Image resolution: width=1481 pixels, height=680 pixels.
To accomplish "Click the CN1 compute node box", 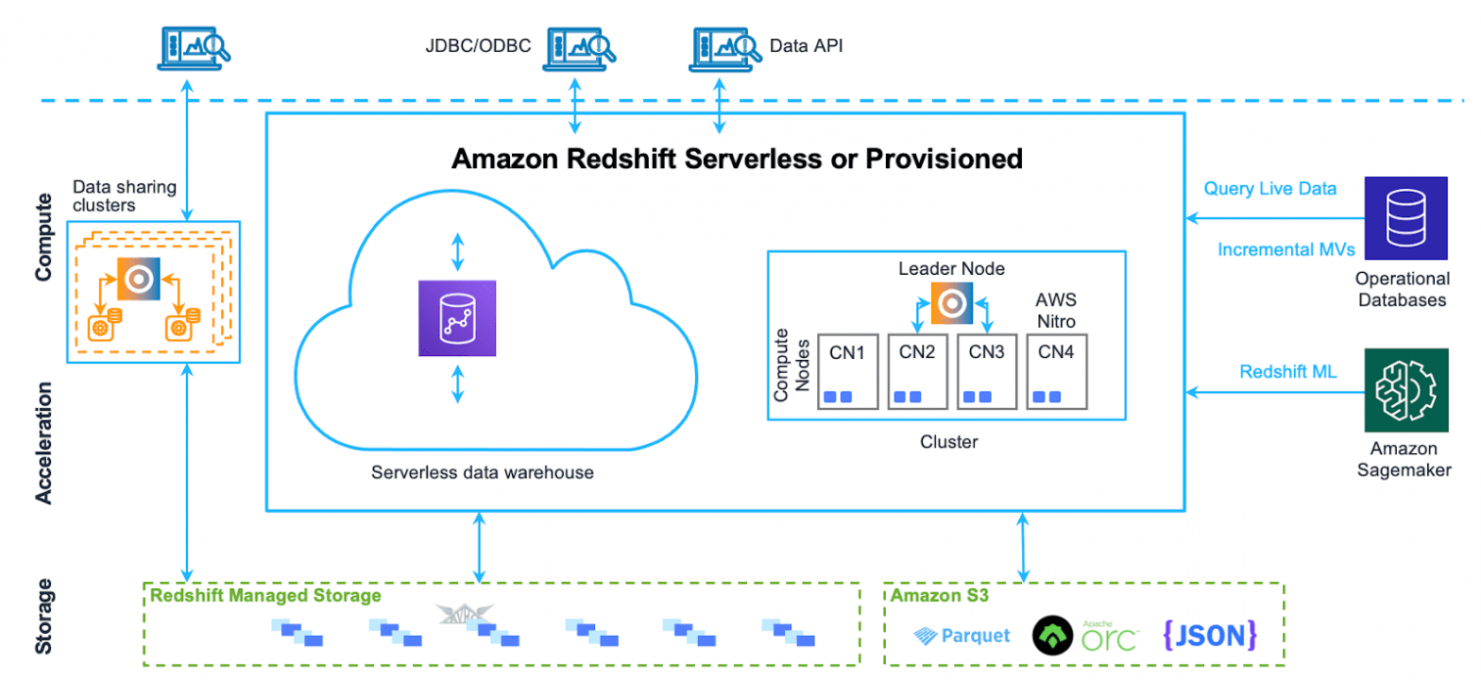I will coord(848,370).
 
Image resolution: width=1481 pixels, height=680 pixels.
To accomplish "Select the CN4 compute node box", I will coord(1057,370).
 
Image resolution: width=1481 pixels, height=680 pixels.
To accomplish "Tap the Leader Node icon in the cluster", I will coord(951,303).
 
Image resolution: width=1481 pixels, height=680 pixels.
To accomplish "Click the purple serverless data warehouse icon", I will coord(457,318).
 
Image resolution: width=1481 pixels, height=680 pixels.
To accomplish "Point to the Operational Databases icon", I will coord(1404,219).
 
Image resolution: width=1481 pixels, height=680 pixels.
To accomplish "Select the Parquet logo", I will coord(962,636).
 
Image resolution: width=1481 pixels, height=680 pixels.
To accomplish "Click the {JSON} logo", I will coord(1210,635).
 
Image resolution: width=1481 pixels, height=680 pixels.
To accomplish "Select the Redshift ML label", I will coord(1287,371).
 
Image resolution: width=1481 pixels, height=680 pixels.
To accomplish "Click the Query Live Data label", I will coord(1269,188).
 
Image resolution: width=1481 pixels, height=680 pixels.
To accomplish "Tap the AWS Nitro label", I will coord(1056,311).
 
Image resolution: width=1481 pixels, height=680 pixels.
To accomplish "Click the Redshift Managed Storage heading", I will coord(264,596).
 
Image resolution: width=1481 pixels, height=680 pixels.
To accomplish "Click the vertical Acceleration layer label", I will coord(43,443).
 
